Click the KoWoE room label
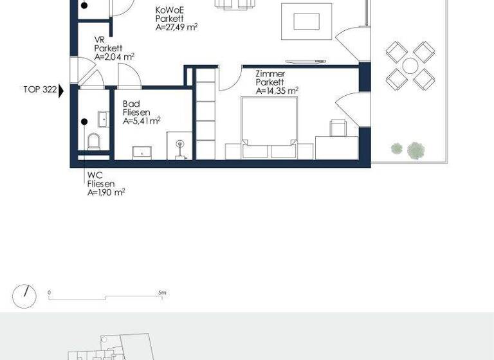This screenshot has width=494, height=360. click(170, 11)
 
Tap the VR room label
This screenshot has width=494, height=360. click(99, 40)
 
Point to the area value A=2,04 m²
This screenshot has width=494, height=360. click(114, 57)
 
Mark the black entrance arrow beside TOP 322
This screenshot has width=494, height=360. click(61, 91)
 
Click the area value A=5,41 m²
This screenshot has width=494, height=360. click(142, 120)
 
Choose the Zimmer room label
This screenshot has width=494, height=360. click(270, 74)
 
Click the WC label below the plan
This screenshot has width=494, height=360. click(94, 174)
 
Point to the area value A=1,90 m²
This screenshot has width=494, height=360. click(106, 192)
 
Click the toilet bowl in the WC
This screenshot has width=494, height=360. click(93, 141)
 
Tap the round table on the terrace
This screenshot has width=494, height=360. click(410, 65)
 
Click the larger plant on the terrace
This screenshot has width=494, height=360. click(416, 150)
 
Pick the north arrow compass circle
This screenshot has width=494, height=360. click(25, 295)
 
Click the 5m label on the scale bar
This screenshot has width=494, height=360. click(162, 292)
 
